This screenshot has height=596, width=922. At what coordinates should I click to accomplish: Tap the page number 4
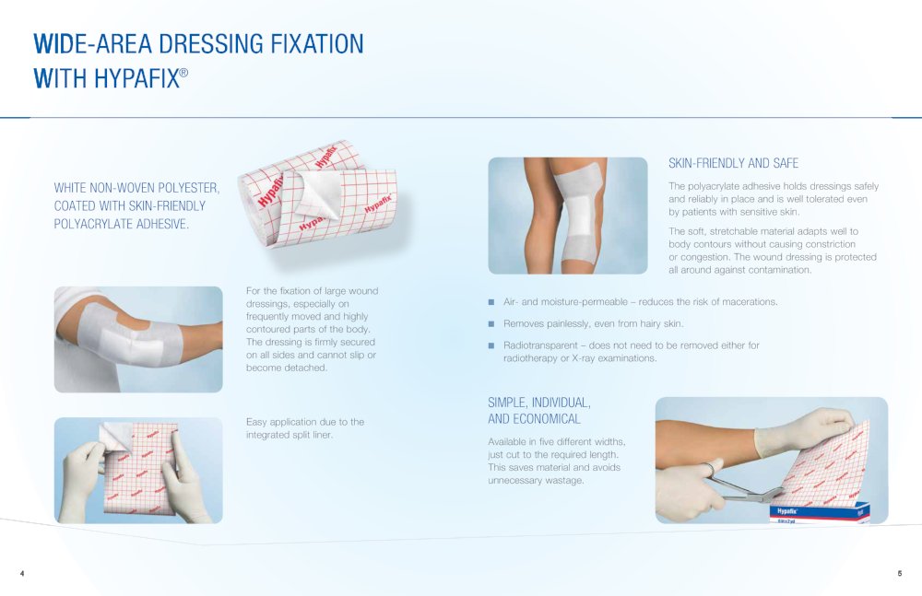tap(22, 573)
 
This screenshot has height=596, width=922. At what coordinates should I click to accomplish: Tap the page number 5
tap(899, 573)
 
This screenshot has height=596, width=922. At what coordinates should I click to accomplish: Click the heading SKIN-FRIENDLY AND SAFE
tap(733, 163)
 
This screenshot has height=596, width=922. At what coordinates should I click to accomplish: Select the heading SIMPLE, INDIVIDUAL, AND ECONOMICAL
tap(539, 411)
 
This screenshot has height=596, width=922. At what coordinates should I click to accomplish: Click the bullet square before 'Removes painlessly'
tap(491, 323)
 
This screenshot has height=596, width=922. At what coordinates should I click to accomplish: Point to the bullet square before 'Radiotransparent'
tap(491, 345)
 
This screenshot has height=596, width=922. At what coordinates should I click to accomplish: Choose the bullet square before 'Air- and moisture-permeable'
tap(491, 302)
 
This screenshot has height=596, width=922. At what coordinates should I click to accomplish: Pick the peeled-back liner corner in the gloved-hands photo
tap(117, 435)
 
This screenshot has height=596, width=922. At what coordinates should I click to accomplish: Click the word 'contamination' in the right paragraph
tap(779, 270)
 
